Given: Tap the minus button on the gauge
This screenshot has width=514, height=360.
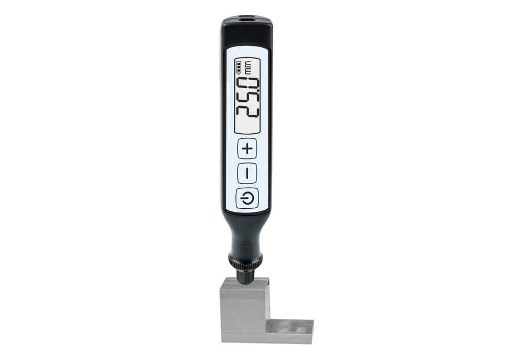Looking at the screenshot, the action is tap(247, 173).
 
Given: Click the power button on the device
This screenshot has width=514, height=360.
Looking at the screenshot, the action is tap(247, 199).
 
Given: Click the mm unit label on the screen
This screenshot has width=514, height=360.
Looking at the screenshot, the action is tap(248, 67).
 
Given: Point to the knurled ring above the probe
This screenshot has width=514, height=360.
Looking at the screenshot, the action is tap(245, 261).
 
